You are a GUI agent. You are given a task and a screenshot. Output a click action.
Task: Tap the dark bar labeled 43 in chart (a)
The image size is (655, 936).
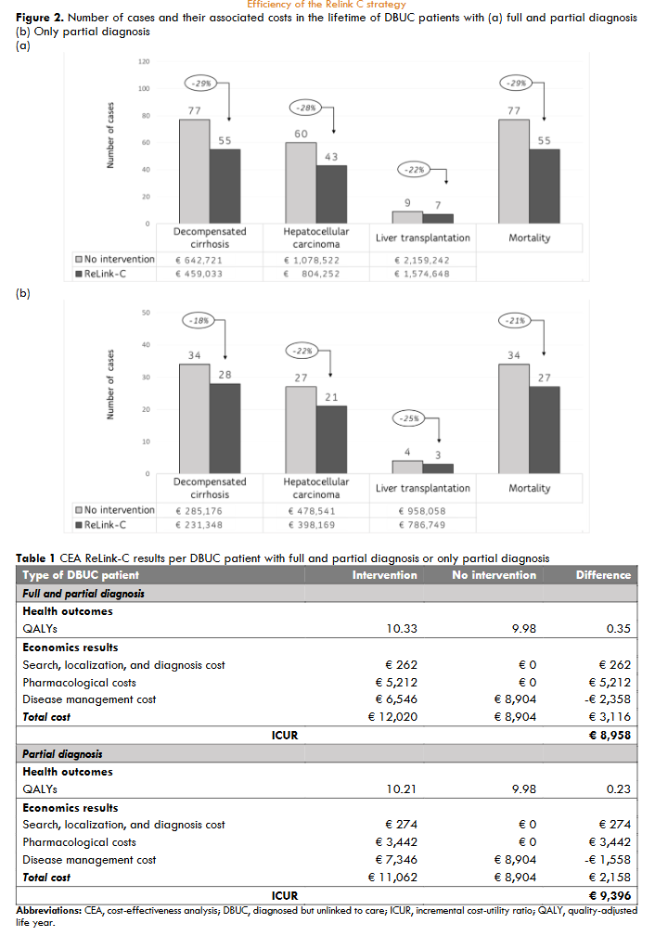click(x=331, y=194)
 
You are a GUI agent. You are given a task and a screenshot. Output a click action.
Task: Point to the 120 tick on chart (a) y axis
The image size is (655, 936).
click(x=144, y=62)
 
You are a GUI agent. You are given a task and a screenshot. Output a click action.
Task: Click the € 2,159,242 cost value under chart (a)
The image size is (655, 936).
click(x=423, y=261)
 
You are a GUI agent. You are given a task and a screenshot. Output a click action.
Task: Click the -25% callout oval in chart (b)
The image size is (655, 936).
click(x=409, y=418)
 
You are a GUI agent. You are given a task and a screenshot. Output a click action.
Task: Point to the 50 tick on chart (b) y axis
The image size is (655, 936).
click(x=146, y=313)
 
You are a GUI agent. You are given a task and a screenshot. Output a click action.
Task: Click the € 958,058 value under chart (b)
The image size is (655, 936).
click(x=423, y=511)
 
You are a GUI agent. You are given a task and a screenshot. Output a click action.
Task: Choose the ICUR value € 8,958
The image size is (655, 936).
click(x=610, y=735)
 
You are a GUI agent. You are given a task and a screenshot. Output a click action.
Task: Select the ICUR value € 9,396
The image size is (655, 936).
click(x=610, y=895)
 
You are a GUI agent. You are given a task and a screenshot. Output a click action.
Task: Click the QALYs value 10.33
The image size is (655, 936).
click(x=402, y=629)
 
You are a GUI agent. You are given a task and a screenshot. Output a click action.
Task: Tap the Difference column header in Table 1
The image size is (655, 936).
click(x=603, y=575)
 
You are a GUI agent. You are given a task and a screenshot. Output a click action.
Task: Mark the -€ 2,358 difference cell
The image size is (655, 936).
click(x=606, y=699)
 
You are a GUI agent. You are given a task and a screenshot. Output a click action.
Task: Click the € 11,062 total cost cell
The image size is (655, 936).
click(x=392, y=877)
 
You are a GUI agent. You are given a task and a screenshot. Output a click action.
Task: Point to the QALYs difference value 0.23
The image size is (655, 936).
click(x=619, y=789)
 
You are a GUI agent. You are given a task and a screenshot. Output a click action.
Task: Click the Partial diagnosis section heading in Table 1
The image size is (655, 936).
click(x=62, y=754)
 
